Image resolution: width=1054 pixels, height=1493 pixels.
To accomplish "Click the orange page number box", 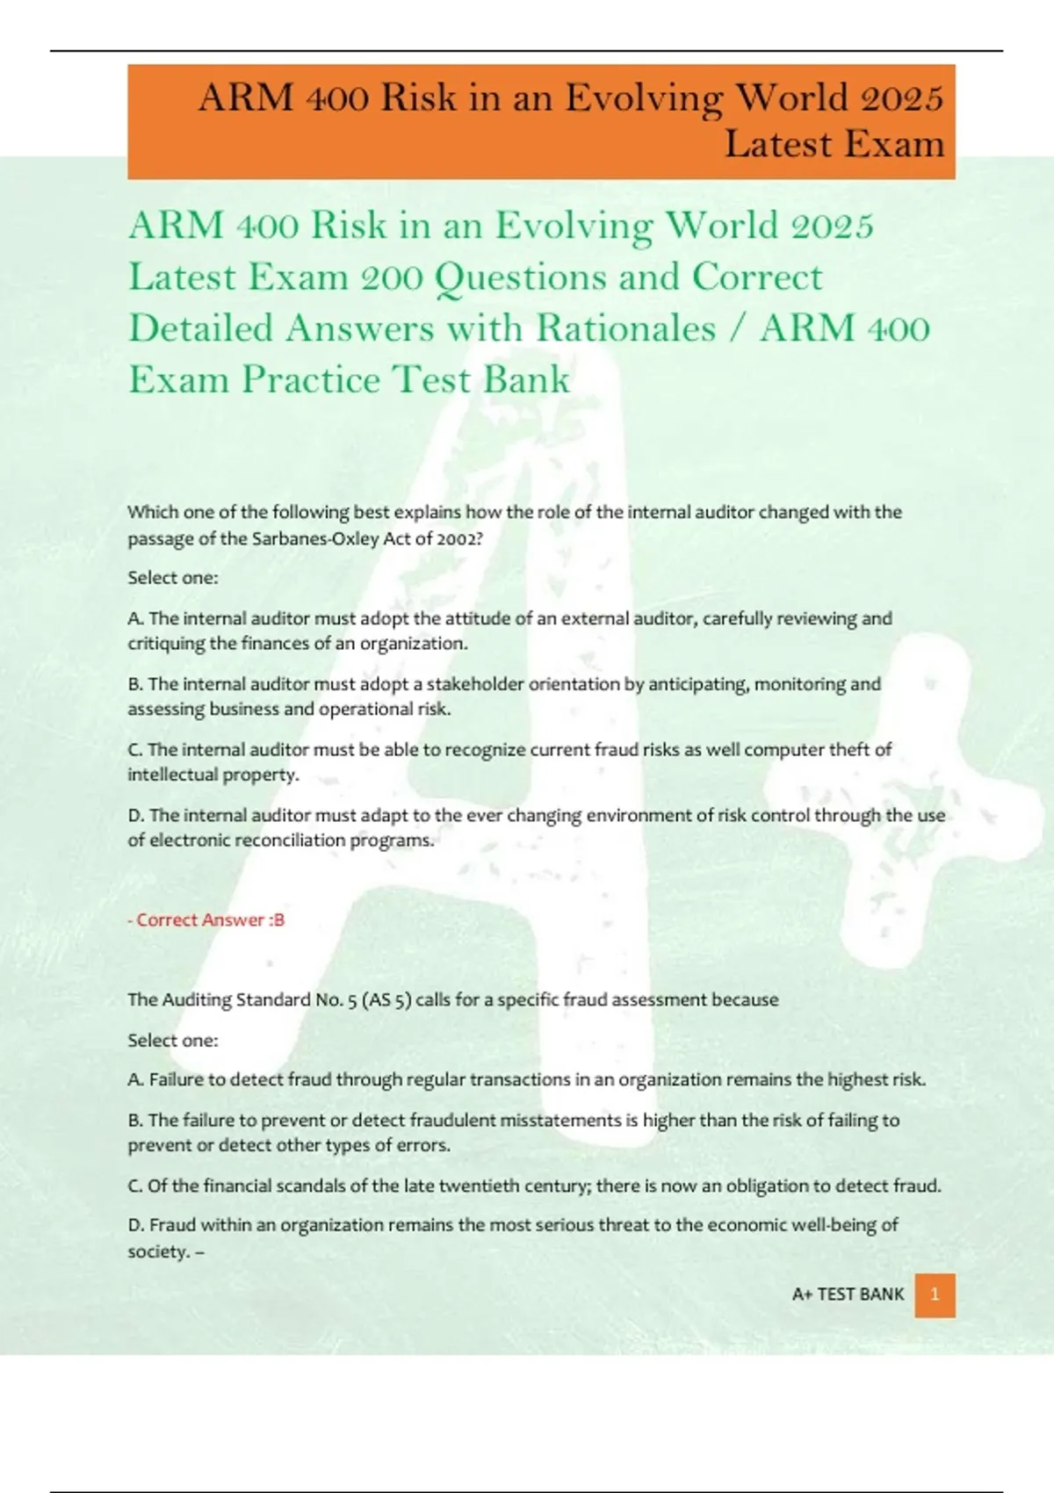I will click(935, 1295).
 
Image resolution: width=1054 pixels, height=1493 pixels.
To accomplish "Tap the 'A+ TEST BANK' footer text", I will click(848, 1295).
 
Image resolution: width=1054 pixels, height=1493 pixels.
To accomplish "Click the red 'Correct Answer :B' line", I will click(206, 920).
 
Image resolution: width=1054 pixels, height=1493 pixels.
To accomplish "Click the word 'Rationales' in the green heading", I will click(626, 328).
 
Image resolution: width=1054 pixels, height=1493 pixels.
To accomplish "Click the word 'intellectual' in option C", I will click(172, 775).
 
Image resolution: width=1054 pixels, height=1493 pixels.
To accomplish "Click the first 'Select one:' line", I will click(173, 578).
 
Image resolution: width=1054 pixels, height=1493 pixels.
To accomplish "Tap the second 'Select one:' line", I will click(173, 1041).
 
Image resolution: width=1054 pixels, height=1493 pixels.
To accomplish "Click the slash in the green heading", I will click(738, 328).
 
